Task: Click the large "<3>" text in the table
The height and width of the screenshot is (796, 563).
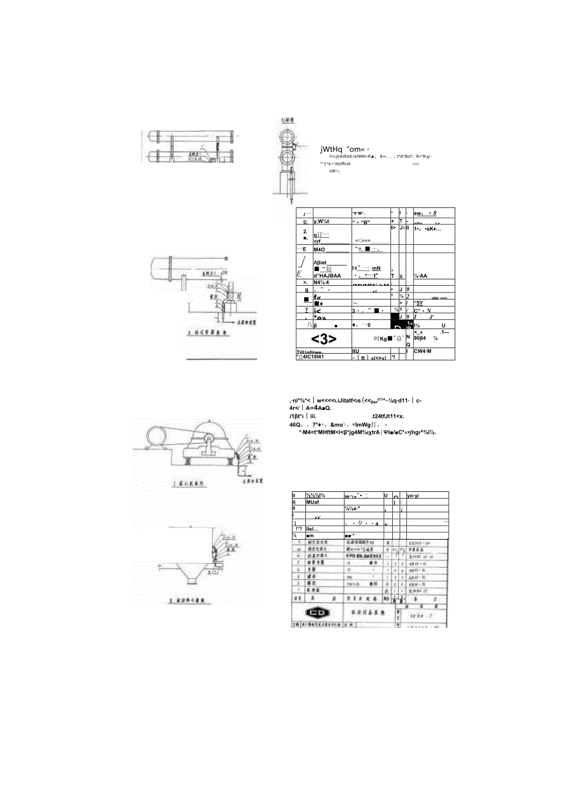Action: pyautogui.click(x=323, y=338)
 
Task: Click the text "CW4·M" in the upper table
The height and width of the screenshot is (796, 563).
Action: pyautogui.click(x=423, y=351)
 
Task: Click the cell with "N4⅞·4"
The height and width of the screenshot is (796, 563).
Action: pyautogui.click(x=324, y=283)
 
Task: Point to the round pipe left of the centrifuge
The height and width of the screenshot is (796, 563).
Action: pyautogui.click(x=154, y=436)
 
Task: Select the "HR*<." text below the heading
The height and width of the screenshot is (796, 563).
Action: pyautogui.click(x=334, y=171)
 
